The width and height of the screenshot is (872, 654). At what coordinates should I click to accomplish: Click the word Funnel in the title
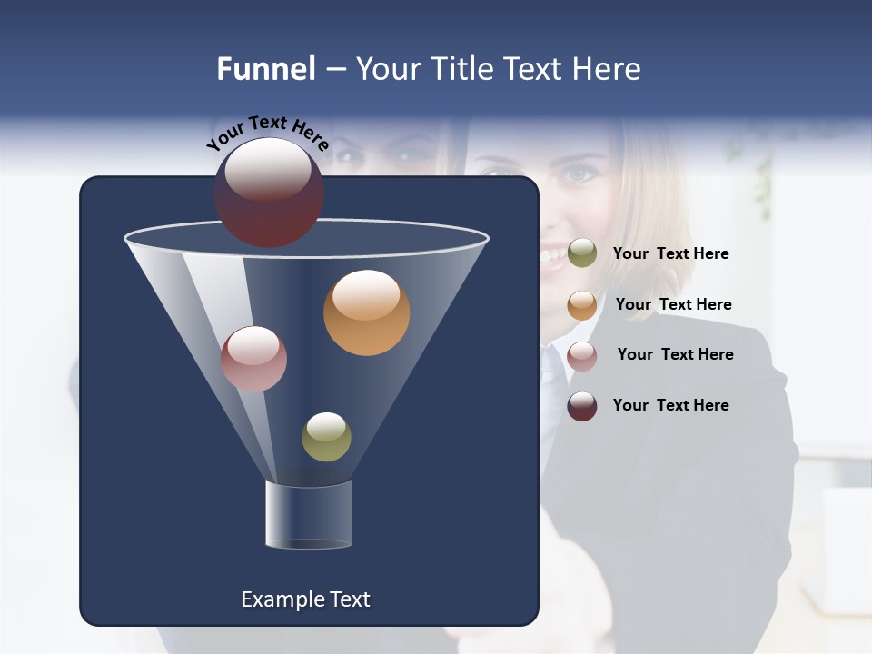pos(266,69)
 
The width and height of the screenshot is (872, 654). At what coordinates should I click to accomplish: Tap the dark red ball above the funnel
pos(269,193)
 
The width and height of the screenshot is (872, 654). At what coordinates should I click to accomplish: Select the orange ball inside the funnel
pos(366,312)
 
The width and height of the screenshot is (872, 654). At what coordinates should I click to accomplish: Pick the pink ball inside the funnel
pos(253,359)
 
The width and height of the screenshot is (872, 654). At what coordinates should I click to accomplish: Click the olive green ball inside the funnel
pos(326,437)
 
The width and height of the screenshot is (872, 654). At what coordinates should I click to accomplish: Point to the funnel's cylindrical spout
pos(309,514)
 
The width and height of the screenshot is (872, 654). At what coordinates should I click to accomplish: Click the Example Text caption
pos(305,599)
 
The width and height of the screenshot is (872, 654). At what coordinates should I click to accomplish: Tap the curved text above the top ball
pos(268,133)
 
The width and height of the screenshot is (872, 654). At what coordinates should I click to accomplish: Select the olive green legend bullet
pos(582,253)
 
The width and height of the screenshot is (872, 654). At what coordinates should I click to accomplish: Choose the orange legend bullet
pos(582,305)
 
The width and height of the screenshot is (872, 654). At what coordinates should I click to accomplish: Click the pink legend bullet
pos(582,356)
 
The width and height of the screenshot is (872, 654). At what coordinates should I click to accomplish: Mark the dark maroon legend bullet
pos(582,406)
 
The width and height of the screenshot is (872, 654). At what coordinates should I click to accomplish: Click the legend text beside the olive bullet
pos(670,253)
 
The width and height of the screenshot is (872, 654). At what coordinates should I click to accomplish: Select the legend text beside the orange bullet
pos(673,304)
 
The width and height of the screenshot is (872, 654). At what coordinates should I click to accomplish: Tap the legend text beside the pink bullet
pos(675,354)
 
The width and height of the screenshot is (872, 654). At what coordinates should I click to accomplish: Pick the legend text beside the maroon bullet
pos(670,405)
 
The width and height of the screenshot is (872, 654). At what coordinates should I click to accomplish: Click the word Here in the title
pos(609,69)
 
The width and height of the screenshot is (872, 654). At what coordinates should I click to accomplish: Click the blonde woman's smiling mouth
pos(551,257)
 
